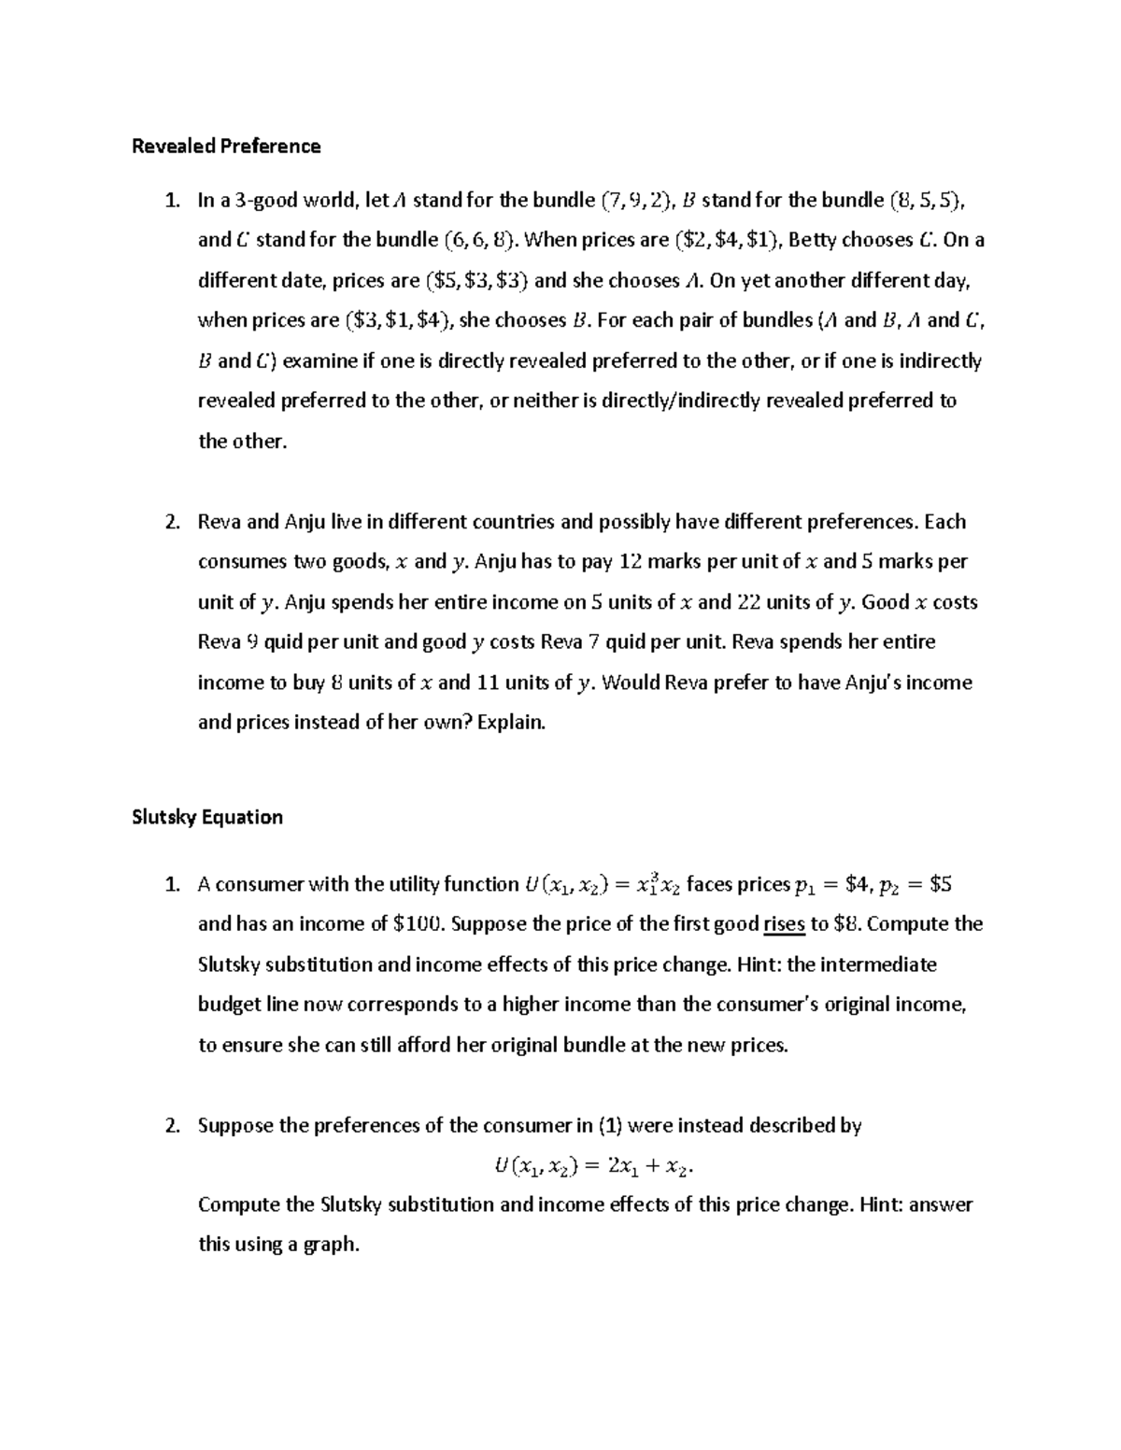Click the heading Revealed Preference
click(226, 146)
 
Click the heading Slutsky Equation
click(207, 817)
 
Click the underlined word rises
click(784, 924)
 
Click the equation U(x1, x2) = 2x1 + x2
click(594, 1165)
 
